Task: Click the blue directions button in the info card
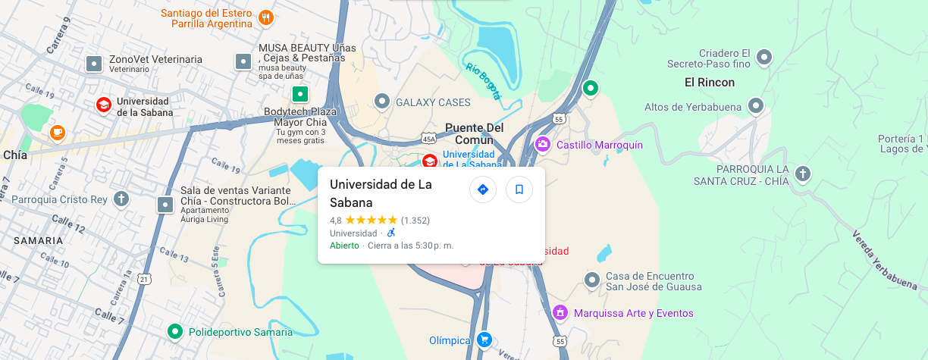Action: (483, 189)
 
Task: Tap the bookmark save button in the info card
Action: (519, 189)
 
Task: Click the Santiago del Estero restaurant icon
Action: (265, 17)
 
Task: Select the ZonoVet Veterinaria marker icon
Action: (94, 64)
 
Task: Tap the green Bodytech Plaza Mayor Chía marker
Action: (300, 95)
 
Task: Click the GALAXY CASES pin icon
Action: (382, 101)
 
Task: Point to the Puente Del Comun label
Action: (475, 133)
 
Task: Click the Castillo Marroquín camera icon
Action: (543, 144)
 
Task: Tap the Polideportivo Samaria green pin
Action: (175, 331)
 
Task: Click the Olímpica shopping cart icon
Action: (484, 340)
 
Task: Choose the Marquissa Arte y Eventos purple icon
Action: (560, 312)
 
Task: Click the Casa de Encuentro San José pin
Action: (592, 280)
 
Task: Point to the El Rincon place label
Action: (710, 82)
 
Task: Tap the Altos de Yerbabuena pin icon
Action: (755, 106)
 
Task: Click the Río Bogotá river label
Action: (484, 80)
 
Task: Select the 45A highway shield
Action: (428, 139)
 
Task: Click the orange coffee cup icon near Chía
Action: (58, 133)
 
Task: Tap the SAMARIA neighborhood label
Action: (38, 240)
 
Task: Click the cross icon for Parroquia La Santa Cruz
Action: (803, 174)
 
